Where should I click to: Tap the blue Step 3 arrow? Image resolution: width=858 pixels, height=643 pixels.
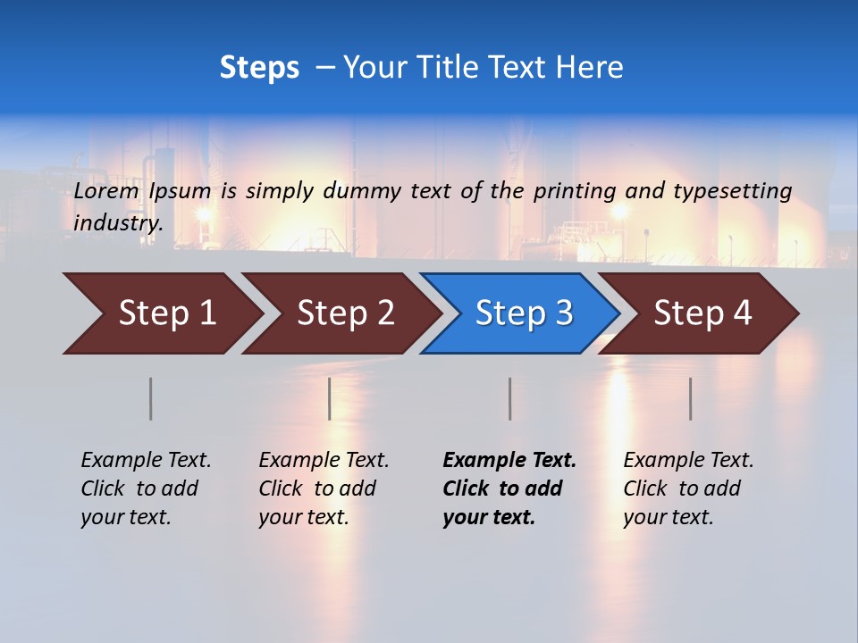524,313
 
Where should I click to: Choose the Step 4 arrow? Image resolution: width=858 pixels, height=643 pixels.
702,313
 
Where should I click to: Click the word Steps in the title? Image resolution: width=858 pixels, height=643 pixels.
259,68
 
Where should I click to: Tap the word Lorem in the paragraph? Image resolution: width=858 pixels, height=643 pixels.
106,190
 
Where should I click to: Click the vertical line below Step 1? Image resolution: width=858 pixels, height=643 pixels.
150,398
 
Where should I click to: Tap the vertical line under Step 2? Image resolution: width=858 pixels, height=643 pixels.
330,398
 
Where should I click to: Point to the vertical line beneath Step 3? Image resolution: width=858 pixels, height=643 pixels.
509,398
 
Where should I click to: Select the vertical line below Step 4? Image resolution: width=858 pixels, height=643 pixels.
690,398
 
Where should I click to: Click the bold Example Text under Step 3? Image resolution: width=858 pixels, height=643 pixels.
509,461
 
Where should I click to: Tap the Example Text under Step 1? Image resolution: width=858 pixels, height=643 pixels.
146,461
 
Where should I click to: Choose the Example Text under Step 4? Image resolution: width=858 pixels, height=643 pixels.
688,461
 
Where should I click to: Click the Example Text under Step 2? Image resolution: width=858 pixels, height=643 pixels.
324,461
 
